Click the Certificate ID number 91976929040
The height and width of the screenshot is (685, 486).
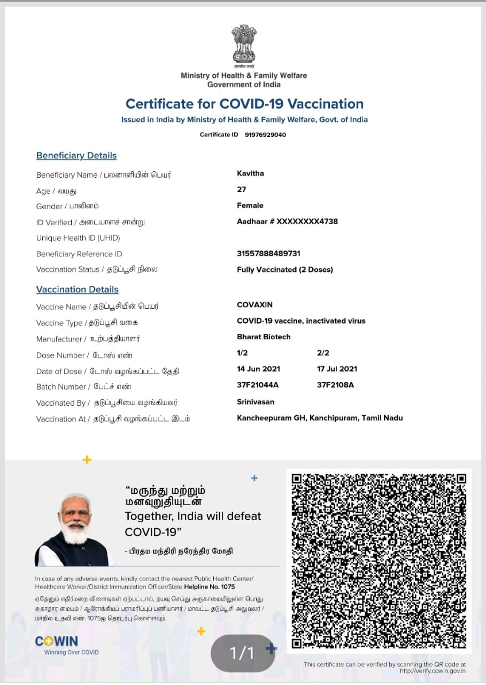coord(265,134)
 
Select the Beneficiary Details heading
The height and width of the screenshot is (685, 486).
coord(76,156)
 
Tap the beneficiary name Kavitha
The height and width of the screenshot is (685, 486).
coord(250,173)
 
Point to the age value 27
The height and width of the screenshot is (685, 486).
coord(242,189)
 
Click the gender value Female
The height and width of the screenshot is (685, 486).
coord(250,205)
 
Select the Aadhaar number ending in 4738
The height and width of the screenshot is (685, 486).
coord(287,222)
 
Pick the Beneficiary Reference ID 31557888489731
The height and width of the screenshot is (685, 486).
coord(268,254)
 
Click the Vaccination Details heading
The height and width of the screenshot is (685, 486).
coord(78,290)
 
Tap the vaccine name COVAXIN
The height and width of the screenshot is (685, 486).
coord(254,305)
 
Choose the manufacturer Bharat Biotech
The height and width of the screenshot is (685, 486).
coord(264,337)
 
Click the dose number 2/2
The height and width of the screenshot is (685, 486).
coord(323,353)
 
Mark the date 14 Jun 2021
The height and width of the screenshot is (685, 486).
coord(258,369)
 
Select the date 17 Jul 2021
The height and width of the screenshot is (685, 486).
coord(337,369)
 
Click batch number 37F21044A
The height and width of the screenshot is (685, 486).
coord(258,385)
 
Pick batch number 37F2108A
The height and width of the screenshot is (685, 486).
coord(335,385)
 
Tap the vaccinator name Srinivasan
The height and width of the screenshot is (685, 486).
coord(255,401)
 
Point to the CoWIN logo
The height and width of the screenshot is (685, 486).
coord(57,642)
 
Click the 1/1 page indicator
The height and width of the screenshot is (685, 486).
coord(242,653)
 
